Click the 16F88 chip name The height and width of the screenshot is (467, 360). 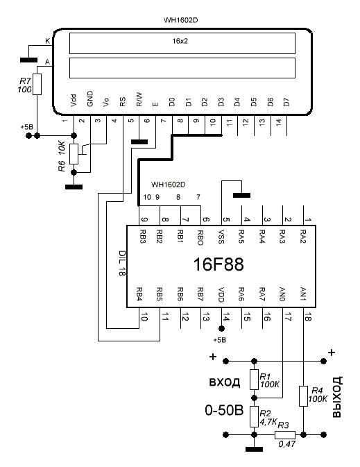(x=218, y=264)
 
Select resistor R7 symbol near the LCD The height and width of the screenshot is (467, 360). (x=37, y=84)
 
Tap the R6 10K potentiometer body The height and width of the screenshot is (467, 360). (x=74, y=154)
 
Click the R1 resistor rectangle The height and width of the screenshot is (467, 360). (x=254, y=380)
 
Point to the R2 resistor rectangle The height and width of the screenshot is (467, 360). (x=254, y=416)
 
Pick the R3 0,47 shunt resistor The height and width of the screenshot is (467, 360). (x=285, y=435)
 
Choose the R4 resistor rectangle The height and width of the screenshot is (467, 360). (x=303, y=396)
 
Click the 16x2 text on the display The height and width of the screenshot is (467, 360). (x=180, y=41)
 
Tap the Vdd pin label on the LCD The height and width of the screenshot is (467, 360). (x=74, y=101)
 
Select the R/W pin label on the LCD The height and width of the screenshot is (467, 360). (x=139, y=99)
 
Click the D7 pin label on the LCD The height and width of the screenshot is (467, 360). (x=286, y=103)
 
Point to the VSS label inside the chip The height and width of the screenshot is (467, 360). (x=221, y=237)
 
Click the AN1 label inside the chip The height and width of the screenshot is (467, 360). (x=303, y=294)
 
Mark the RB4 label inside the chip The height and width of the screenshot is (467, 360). (x=139, y=294)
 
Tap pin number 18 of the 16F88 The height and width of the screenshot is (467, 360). (x=308, y=318)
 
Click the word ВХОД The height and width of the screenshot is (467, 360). (x=225, y=382)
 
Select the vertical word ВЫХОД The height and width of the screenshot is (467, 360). (x=337, y=397)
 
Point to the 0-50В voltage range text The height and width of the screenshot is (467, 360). (x=224, y=410)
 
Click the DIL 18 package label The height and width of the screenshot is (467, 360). (x=122, y=263)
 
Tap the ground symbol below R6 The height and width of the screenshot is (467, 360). (x=74, y=187)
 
